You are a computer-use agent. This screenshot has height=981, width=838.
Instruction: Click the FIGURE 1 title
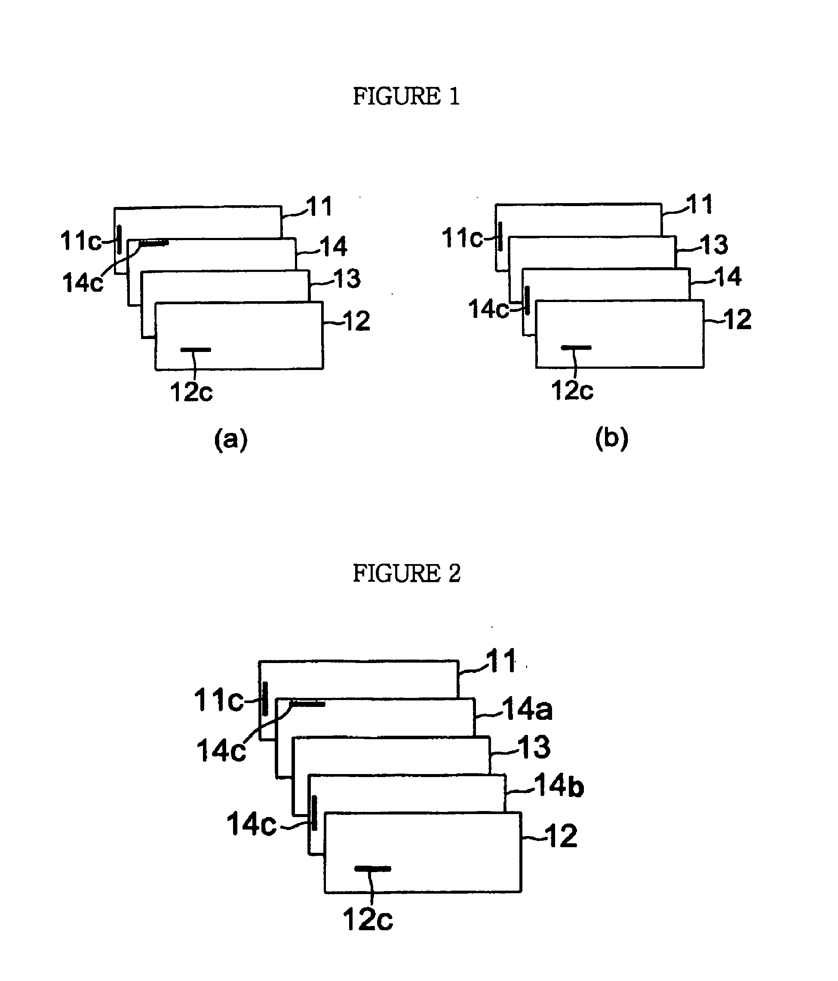406,96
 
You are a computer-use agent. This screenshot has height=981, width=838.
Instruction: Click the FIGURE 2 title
406,574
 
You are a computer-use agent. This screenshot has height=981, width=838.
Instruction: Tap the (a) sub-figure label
231,439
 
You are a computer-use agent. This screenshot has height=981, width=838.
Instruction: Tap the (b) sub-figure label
611,438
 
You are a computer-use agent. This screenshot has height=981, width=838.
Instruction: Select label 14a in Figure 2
527,709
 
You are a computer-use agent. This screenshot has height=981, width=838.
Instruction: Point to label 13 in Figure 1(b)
714,244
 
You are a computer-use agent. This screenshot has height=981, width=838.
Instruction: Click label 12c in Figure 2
368,933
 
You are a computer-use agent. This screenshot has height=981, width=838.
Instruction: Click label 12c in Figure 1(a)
191,392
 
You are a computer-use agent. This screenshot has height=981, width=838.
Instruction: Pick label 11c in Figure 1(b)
462,238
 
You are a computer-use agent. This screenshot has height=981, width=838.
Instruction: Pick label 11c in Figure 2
218,700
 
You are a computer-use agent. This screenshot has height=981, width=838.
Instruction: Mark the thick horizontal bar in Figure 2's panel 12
372,869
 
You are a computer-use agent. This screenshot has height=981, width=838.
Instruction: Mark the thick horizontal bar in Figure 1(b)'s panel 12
576,348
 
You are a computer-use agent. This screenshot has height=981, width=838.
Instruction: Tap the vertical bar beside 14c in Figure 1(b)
527,300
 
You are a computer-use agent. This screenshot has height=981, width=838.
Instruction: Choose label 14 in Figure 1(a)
334,246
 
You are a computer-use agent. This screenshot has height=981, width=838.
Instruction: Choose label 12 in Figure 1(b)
738,319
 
